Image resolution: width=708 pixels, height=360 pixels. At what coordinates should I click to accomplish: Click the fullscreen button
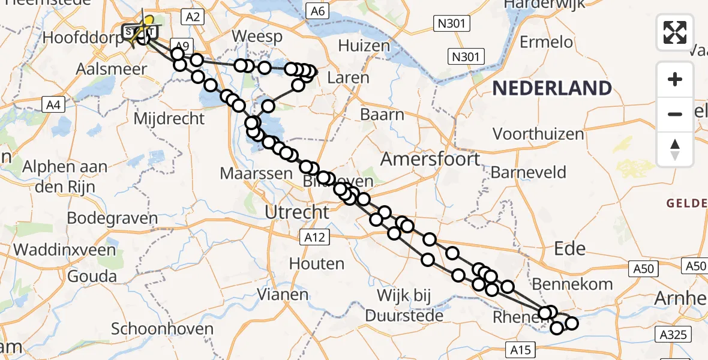coord(675,32)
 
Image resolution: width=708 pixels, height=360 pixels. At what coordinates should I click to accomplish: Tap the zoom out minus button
coord(675,114)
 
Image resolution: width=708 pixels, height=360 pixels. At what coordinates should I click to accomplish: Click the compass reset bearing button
coord(675,148)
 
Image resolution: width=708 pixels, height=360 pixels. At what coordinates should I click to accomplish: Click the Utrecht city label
coord(297,211)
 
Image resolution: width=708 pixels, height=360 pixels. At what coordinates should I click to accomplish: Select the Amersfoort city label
coord(430,159)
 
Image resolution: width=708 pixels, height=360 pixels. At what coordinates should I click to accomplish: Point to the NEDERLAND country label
coord(552,89)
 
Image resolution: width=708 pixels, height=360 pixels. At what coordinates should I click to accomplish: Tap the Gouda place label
coord(93,277)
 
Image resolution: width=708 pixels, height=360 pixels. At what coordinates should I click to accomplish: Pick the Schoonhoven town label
coord(162,329)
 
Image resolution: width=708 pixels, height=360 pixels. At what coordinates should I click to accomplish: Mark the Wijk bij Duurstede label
coord(413,305)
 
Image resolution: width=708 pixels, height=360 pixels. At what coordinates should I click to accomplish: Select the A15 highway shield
coord(520,349)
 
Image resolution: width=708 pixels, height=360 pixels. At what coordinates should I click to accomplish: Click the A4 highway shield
coord(55,105)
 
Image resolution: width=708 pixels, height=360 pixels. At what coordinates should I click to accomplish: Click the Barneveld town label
coord(528,173)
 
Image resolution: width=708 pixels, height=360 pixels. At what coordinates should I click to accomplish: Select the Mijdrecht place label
coord(169,118)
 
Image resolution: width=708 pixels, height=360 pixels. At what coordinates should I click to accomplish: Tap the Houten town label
coord(316,263)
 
